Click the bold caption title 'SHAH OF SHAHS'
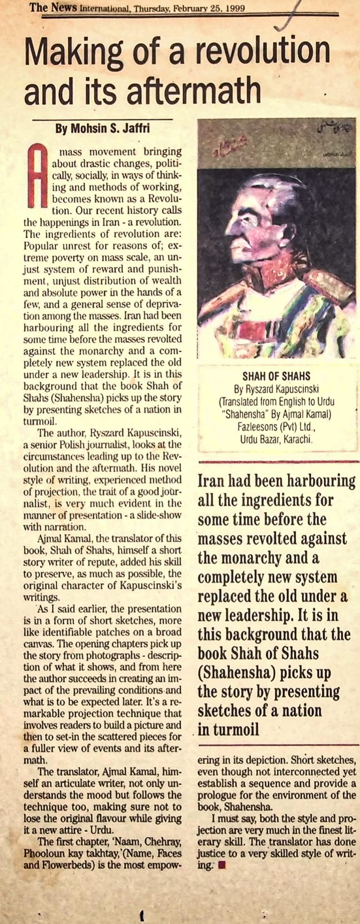pos(277,376)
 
